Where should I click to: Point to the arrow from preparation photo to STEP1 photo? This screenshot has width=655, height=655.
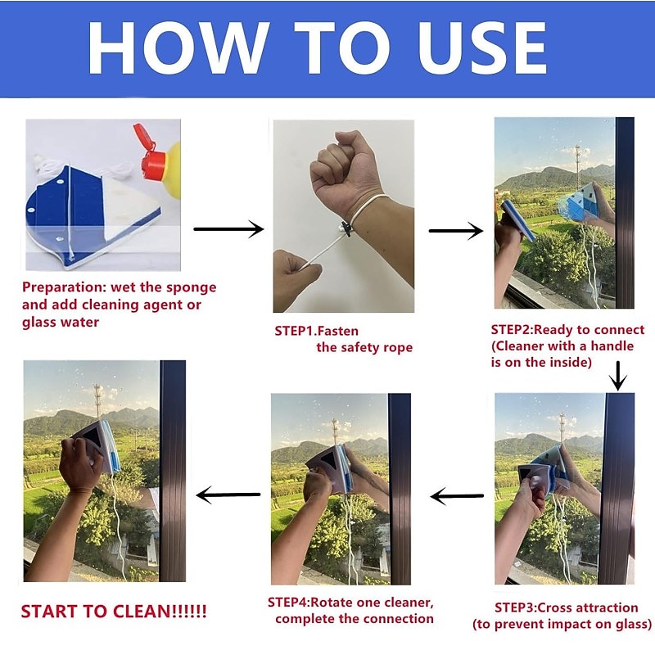tap(228, 229)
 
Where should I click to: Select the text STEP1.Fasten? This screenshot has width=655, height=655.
tap(317, 332)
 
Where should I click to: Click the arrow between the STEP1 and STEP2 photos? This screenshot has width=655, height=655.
tap(456, 231)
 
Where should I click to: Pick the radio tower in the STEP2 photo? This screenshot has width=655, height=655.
tap(578, 166)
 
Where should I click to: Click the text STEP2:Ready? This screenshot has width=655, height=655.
tap(532, 330)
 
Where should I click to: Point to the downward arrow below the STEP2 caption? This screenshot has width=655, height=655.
tap(617, 376)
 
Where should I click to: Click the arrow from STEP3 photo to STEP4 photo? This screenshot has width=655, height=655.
tap(457, 496)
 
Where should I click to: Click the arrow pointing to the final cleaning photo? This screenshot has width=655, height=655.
tap(228, 495)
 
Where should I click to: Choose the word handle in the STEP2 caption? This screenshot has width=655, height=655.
tap(612, 346)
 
